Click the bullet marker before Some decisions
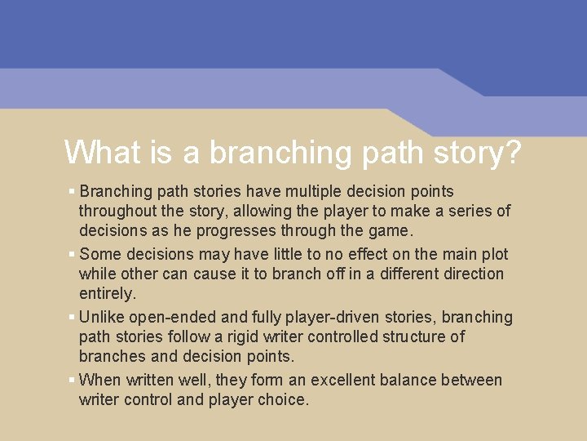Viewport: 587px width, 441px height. tap(72, 254)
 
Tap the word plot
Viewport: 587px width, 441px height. tap(492, 254)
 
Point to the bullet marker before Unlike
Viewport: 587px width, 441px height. tap(72, 317)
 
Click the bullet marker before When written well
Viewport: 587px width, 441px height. tap(72, 380)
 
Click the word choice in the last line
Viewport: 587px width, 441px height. tap(282, 399)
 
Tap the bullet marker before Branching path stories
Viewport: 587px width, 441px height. tap(72, 191)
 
